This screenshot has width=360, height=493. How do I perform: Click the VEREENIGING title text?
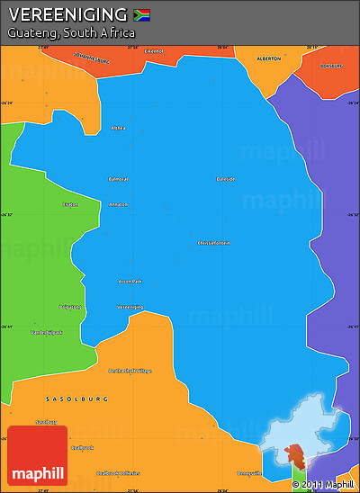click(67, 14)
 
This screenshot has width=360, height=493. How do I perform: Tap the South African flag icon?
click(141, 14)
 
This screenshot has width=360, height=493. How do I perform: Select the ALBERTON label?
click(268, 58)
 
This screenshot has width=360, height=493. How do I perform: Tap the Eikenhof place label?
click(154, 51)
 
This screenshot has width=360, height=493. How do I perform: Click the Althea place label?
click(118, 128)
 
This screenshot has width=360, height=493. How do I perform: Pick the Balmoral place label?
click(118, 179)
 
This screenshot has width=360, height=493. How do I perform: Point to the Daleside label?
click(226, 179)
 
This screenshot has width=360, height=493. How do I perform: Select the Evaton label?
click(70, 204)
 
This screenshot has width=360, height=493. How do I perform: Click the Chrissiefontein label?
click(213, 243)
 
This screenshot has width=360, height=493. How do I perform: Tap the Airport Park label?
click(130, 281)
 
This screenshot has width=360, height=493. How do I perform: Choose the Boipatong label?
click(70, 307)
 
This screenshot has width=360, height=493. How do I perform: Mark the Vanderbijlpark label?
click(47, 332)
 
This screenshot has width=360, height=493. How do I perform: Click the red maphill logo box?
click(37, 455)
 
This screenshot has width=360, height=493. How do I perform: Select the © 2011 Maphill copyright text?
click(323, 485)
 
